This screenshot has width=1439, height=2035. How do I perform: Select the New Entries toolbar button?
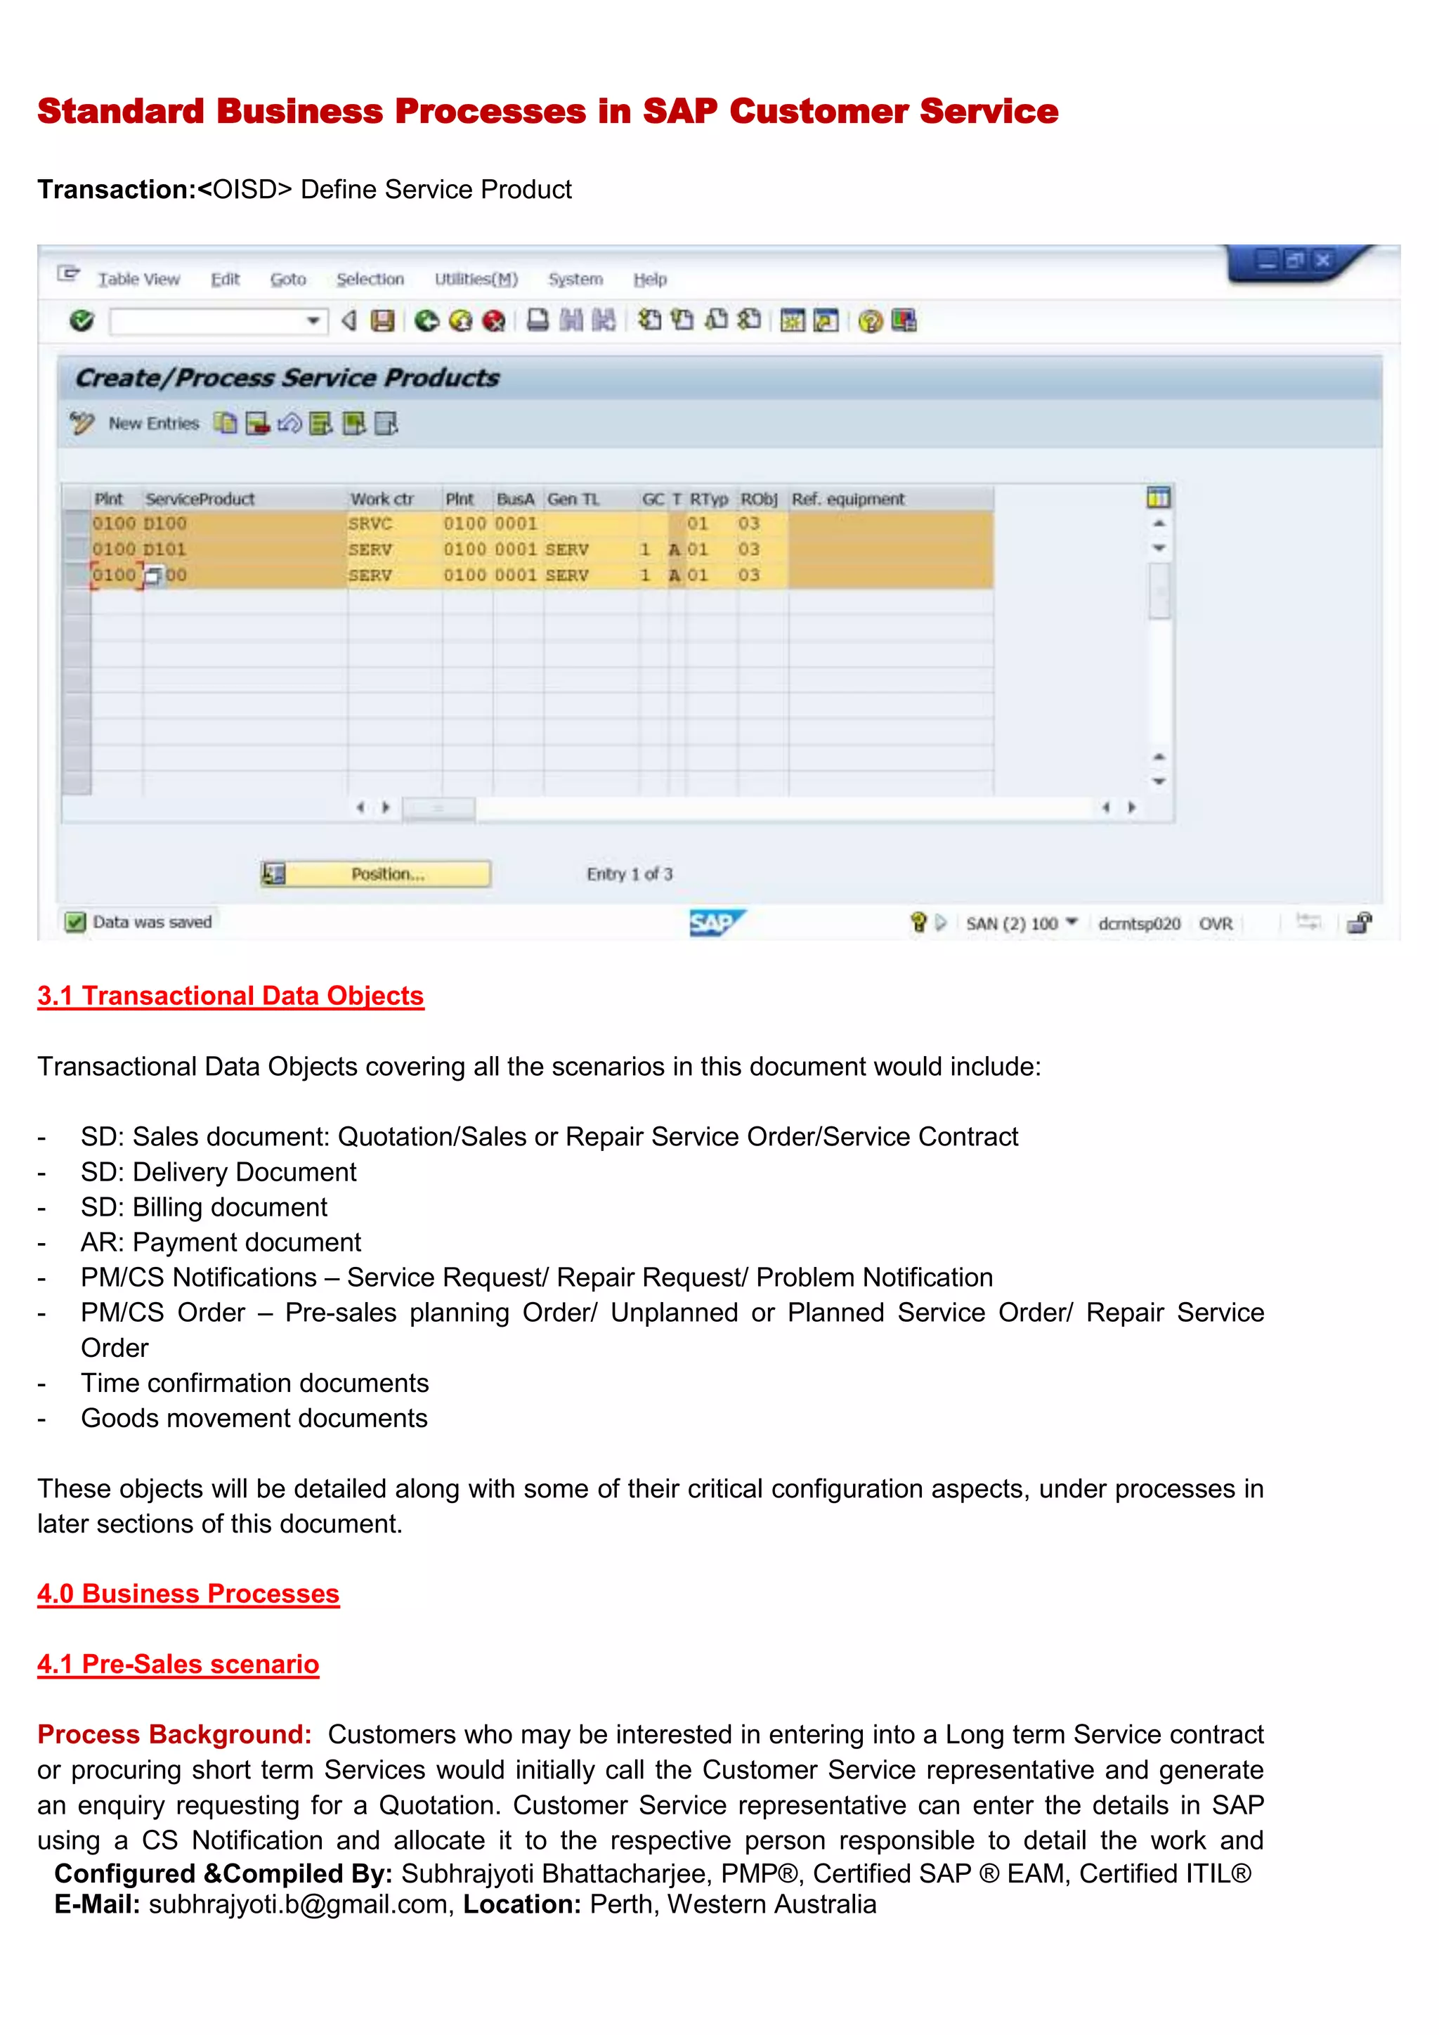pyautogui.click(x=153, y=424)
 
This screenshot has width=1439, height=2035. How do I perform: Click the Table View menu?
pyautogui.click(x=138, y=279)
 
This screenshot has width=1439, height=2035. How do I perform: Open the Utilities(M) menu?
pyautogui.click(x=476, y=279)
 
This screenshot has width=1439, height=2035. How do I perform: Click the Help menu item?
pyautogui.click(x=649, y=279)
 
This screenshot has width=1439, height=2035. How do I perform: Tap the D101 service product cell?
pyautogui.click(x=166, y=550)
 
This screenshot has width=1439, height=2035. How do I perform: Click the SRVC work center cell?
pyautogui.click(x=370, y=524)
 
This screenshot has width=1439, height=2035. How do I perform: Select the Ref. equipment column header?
pyautogui.click(x=848, y=499)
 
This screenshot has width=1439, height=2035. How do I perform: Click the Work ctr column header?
pyautogui.click(x=382, y=499)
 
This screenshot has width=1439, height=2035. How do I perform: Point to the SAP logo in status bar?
pyautogui.click(x=716, y=923)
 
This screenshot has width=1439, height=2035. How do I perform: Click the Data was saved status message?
pyautogui.click(x=152, y=922)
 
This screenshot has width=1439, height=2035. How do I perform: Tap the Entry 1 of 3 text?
pyautogui.click(x=629, y=874)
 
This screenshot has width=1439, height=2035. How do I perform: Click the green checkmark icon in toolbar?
pyautogui.click(x=82, y=321)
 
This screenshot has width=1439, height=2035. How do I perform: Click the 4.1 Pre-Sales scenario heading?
pyautogui.click(x=177, y=1664)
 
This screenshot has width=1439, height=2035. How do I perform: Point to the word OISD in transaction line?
pyautogui.click(x=245, y=190)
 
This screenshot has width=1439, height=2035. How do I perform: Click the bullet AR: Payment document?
pyautogui.click(x=221, y=1242)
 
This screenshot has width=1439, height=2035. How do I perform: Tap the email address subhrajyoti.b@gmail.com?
pyautogui.click(x=298, y=1904)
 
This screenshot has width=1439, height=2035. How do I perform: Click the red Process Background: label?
pyautogui.click(x=174, y=1734)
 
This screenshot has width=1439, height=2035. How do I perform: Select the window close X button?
pyautogui.click(x=1322, y=260)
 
